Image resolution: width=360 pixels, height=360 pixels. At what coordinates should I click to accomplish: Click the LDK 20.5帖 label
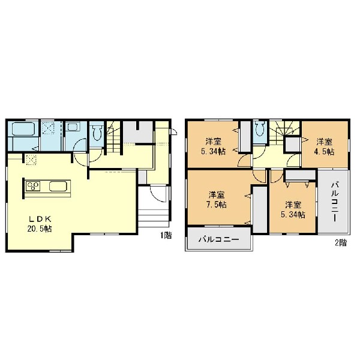click(40, 224)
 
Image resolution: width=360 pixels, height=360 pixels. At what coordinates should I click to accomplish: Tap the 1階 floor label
click(166, 235)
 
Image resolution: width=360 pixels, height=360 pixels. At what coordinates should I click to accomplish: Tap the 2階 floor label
click(341, 242)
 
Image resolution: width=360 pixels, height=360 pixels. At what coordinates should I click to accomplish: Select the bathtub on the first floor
click(23, 129)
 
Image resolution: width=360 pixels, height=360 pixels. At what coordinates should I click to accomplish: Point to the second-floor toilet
click(260, 128)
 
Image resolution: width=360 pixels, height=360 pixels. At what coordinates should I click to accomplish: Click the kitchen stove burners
click(33, 186)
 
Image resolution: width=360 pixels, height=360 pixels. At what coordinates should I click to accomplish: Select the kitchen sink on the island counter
click(58, 186)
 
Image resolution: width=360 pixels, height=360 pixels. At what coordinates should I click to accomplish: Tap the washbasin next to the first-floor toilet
click(73, 127)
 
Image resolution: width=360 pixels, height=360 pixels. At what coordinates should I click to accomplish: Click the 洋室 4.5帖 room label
click(325, 147)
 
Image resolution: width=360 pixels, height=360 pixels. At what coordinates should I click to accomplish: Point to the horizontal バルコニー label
click(219, 239)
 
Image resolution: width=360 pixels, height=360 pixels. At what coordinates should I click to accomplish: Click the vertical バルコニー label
click(335, 202)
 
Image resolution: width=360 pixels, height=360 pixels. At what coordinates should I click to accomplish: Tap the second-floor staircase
click(284, 131)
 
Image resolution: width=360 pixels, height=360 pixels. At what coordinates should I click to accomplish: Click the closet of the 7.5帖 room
click(260, 209)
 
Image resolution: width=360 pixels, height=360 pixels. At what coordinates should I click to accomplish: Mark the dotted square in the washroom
click(49, 128)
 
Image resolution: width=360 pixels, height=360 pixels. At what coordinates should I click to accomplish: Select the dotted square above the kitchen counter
click(31, 160)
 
